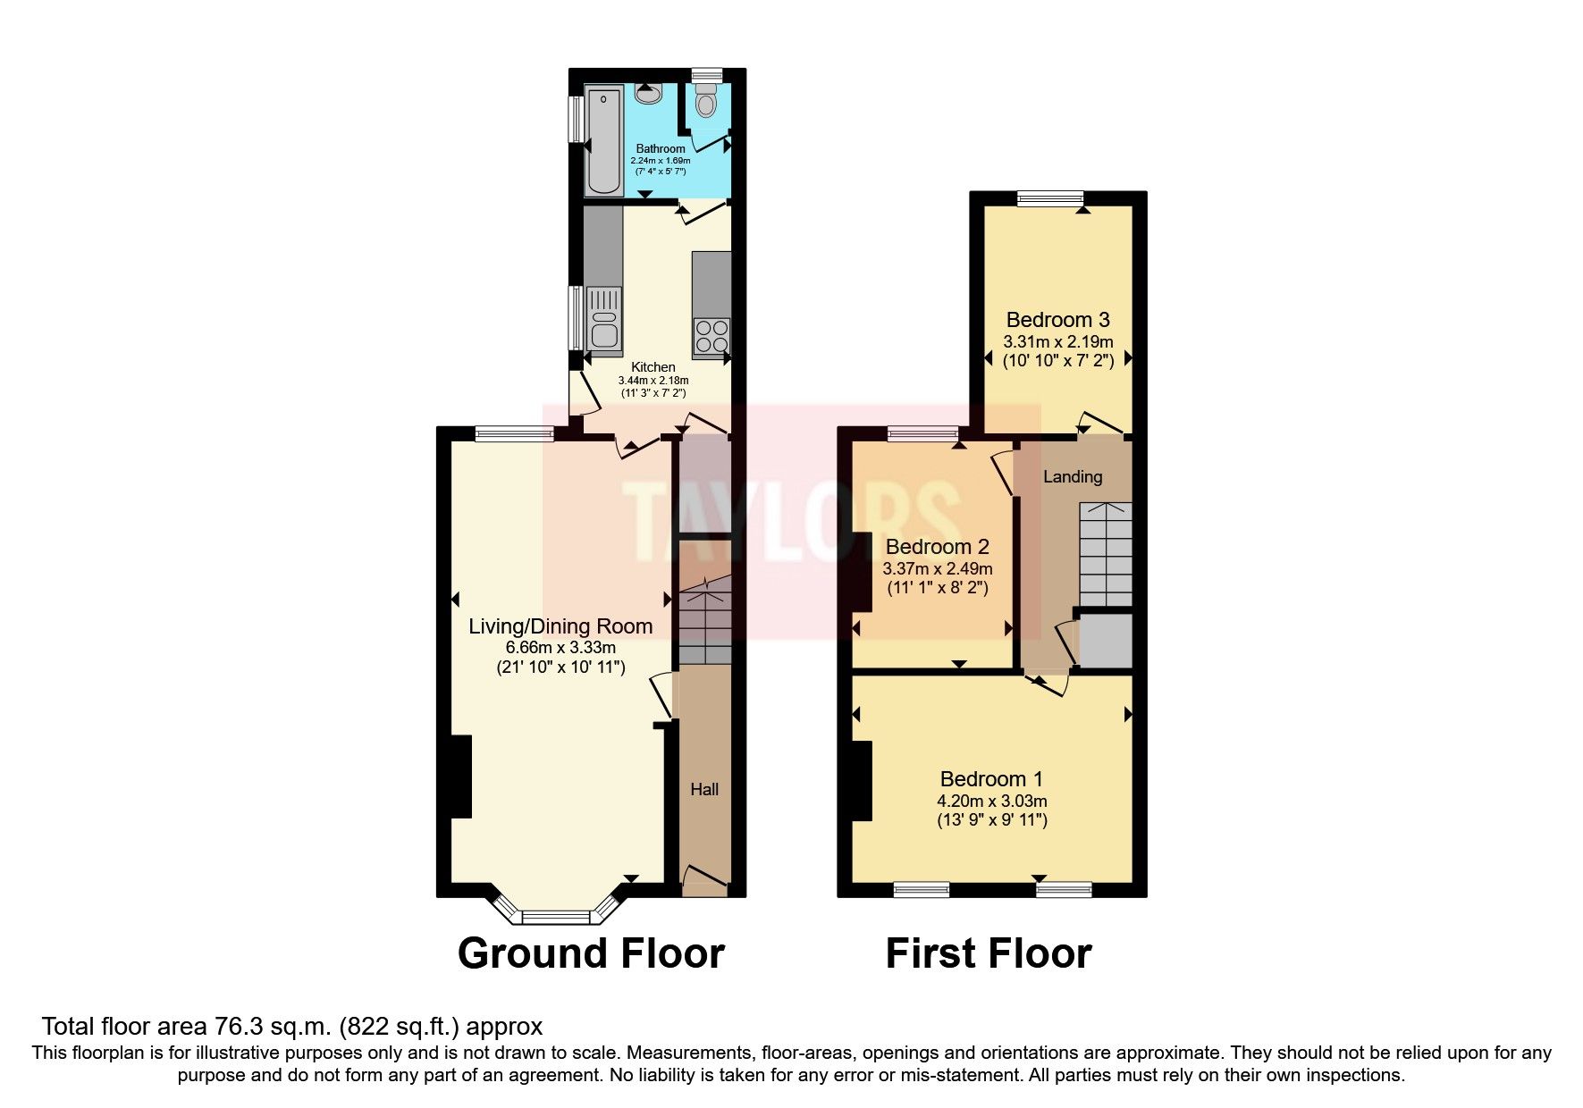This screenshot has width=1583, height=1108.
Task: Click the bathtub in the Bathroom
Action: pyautogui.click(x=603, y=140)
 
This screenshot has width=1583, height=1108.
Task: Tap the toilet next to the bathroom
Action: pyautogui.click(x=706, y=102)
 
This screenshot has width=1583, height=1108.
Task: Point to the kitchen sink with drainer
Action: pyautogui.click(x=604, y=320)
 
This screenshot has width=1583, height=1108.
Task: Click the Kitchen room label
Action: pyautogui.click(x=653, y=367)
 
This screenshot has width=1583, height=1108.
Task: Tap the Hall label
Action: pyautogui.click(x=704, y=789)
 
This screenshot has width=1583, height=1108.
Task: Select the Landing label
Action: pyautogui.click(x=1073, y=476)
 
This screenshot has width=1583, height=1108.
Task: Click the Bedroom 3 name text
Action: pyautogui.click(x=1057, y=320)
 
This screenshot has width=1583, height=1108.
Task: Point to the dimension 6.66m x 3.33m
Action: pyautogui.click(x=560, y=647)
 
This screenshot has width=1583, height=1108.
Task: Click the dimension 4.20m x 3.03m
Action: pyautogui.click(x=991, y=801)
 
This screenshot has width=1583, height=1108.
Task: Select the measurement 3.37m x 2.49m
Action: pyautogui.click(x=937, y=568)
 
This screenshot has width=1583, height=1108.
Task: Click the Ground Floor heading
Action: pyautogui.click(x=591, y=953)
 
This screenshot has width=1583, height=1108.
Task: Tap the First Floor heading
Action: pyautogui.click(x=988, y=953)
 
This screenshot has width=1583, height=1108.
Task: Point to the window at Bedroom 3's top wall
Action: pyautogui.click(x=1050, y=198)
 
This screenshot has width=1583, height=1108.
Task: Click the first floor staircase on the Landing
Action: pyautogui.click(x=1106, y=554)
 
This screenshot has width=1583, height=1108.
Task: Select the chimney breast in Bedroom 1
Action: pyautogui.click(x=862, y=781)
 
